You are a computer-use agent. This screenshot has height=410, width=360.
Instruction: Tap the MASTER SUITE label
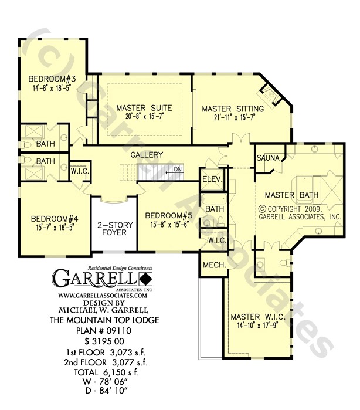point(144,108)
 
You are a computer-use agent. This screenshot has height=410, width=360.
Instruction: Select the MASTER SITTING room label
point(233,109)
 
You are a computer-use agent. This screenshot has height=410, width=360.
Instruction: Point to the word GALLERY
point(147,154)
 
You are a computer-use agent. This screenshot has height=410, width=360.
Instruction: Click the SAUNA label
point(267,158)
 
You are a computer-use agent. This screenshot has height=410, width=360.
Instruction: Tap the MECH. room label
point(215,265)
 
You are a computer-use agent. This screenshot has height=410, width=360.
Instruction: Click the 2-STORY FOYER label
point(115,229)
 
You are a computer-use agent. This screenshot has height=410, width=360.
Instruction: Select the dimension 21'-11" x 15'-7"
point(233,118)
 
